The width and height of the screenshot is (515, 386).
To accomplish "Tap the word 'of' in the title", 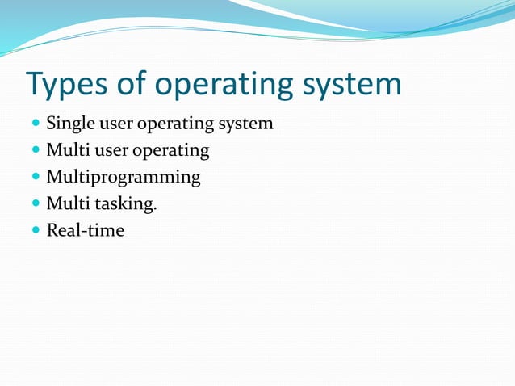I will click(132, 85).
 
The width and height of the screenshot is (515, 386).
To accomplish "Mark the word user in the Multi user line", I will click(107, 151).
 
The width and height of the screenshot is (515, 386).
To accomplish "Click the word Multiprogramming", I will click(123, 178).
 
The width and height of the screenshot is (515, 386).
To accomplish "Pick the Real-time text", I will click(85, 231).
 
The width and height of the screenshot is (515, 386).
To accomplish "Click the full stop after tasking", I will click(155, 209).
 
